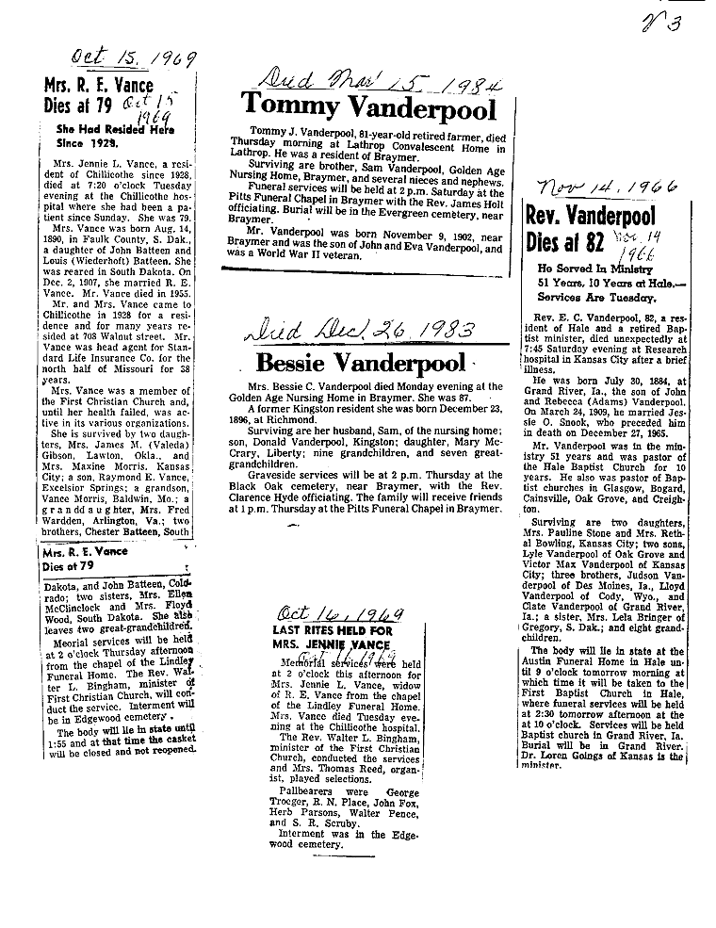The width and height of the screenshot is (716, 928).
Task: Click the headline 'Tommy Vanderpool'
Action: click(368, 109)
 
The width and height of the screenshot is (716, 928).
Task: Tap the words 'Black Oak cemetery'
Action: click(283, 477)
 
